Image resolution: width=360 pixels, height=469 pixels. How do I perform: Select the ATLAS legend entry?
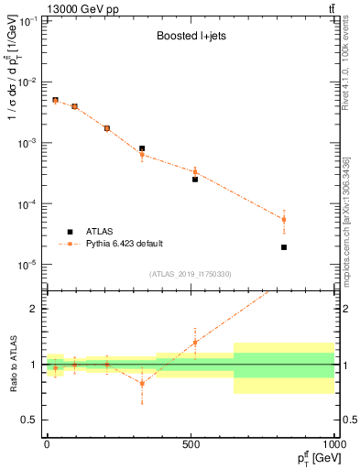[102, 231]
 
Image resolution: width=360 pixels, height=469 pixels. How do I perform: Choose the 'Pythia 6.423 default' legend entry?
[125, 244]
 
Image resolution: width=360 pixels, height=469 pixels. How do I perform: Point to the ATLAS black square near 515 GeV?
[195, 180]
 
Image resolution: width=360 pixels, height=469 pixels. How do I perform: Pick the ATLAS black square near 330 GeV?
[142, 148]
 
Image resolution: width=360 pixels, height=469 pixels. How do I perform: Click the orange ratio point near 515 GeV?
[195, 343]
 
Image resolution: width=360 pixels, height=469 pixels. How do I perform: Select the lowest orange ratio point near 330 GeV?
[142, 383]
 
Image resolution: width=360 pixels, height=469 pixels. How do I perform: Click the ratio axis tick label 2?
[33, 309]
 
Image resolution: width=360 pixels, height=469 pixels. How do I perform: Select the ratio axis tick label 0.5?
[29, 420]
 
